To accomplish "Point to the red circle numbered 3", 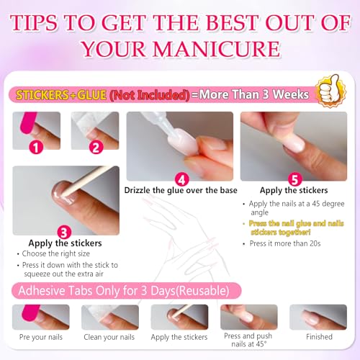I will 62,231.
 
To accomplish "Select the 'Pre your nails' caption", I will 41,336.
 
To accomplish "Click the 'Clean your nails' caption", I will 109,336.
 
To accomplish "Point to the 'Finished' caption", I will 318,336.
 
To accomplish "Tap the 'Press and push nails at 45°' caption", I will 248,340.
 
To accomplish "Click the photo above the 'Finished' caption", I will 318,317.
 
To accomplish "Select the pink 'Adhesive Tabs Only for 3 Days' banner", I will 122,290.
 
